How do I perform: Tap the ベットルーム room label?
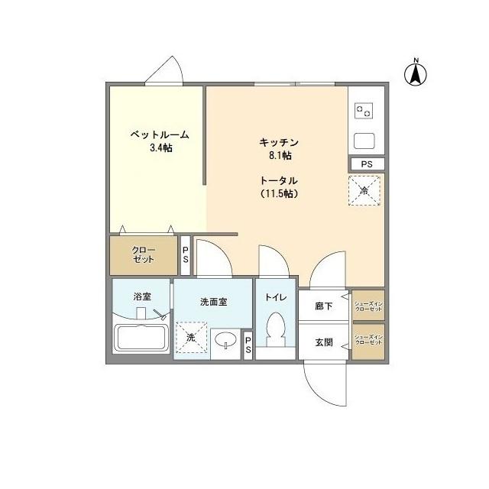pyautogui.click(x=159, y=134)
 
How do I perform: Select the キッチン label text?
pyautogui.click(x=277, y=142)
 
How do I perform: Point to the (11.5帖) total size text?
pyautogui.click(x=277, y=193)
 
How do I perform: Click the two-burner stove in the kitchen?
pyautogui.click(x=364, y=112)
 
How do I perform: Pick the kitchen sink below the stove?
pyautogui.click(x=364, y=141)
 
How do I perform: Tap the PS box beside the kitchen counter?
pyautogui.click(x=367, y=163)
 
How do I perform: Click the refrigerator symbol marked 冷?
pyautogui.click(x=364, y=189)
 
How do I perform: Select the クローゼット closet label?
pyautogui.click(x=144, y=254)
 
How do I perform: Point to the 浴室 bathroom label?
pyautogui.click(x=141, y=296)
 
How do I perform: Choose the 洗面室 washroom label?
pyautogui.click(x=213, y=302)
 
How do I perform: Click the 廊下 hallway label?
pyautogui.click(x=324, y=306)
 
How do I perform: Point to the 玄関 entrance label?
pyautogui.click(x=324, y=342)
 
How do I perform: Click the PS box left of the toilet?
pyautogui.click(x=248, y=345)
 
